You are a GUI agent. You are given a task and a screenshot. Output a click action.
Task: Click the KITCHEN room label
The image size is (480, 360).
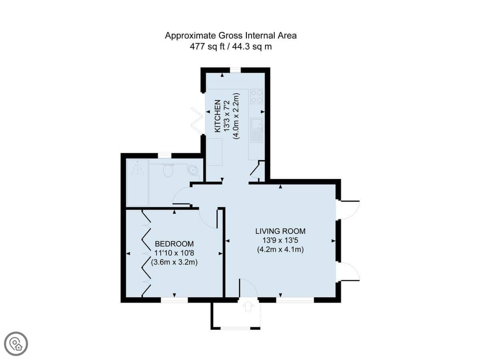click(x=218, y=116)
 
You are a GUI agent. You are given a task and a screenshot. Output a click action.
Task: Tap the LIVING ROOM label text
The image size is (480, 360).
click(x=280, y=231)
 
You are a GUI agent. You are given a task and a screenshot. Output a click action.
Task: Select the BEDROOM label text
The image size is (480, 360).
click(x=174, y=244)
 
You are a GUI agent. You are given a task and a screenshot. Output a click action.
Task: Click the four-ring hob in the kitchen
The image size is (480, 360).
click(x=257, y=96)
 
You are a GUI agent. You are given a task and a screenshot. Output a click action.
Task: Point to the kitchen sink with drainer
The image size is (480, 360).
click(x=257, y=130)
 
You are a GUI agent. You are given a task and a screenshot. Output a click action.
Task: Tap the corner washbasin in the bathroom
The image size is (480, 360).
click(x=193, y=170)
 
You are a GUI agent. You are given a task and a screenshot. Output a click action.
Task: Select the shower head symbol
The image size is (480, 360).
click(x=138, y=168)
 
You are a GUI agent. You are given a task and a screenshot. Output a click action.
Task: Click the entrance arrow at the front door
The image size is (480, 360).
click(x=248, y=306)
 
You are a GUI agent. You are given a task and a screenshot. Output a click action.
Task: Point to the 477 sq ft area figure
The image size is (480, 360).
click(x=207, y=46)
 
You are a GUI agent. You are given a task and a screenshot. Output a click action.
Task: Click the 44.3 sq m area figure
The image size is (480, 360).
click(x=252, y=46)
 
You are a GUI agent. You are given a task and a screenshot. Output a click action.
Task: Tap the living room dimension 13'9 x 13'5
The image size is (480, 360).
click(x=280, y=240)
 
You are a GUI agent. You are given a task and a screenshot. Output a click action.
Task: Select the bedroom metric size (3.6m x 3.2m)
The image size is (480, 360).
click(x=174, y=262)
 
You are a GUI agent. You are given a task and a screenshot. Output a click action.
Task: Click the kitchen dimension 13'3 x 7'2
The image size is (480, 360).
click(x=227, y=116)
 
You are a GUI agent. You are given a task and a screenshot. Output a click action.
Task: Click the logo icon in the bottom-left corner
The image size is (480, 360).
click(x=16, y=344)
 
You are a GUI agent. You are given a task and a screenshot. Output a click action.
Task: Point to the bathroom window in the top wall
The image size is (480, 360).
click(x=165, y=156)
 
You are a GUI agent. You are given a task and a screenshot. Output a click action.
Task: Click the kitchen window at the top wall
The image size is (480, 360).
click(x=235, y=70)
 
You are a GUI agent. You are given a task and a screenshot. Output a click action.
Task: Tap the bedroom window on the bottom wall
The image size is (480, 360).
click(x=174, y=300)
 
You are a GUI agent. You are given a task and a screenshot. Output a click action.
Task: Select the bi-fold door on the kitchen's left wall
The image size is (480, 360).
click(x=198, y=121)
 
